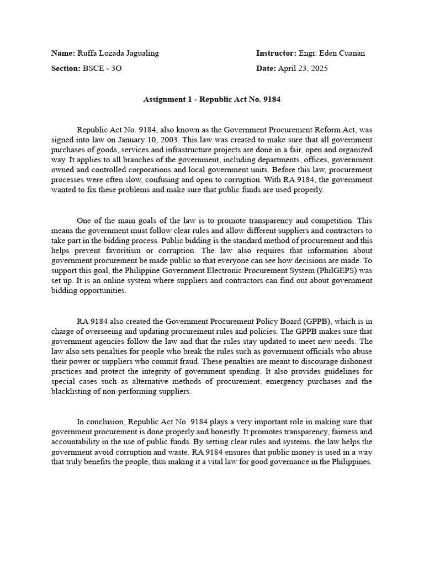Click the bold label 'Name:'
tap(63, 53)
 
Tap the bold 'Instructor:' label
tap(276, 53)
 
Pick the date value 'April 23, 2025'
tap(307, 68)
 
